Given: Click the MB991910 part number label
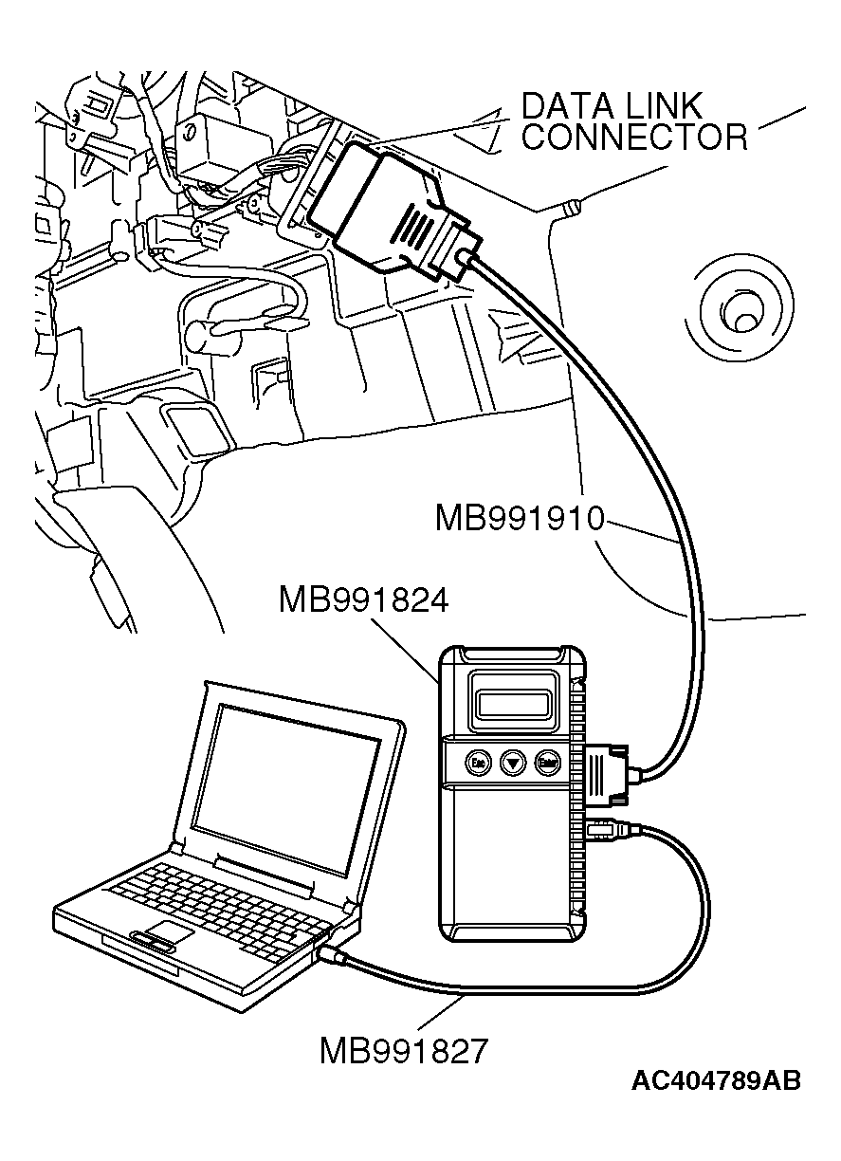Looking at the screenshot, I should (520, 519).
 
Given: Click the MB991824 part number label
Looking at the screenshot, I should (364, 600).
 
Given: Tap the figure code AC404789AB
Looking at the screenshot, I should (716, 1080).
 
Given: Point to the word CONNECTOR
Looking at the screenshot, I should (635, 138).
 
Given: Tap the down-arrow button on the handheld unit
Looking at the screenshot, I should (512, 762).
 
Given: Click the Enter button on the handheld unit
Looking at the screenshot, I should (546, 762).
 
